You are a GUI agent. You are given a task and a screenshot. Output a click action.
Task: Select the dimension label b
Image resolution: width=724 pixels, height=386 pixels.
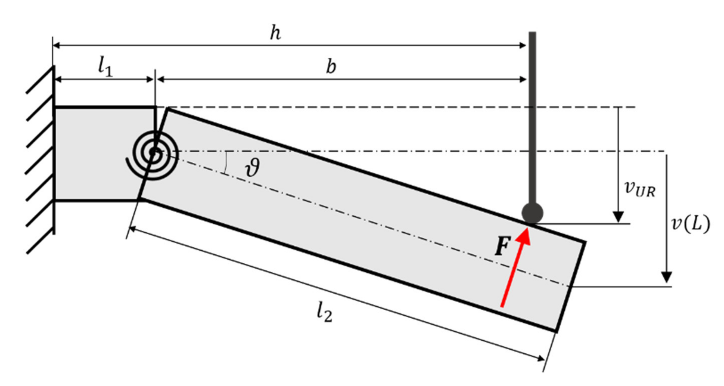coord(331,67)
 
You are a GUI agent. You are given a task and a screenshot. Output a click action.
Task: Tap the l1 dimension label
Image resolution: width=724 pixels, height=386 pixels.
coord(105,68)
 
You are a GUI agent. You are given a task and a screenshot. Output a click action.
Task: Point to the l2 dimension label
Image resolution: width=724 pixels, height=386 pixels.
coord(324,313)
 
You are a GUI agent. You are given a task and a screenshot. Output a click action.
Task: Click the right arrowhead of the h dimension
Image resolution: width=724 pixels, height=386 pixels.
coord(522,45)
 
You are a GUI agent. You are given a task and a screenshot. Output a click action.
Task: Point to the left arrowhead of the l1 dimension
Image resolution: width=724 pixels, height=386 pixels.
coord(58,80)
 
